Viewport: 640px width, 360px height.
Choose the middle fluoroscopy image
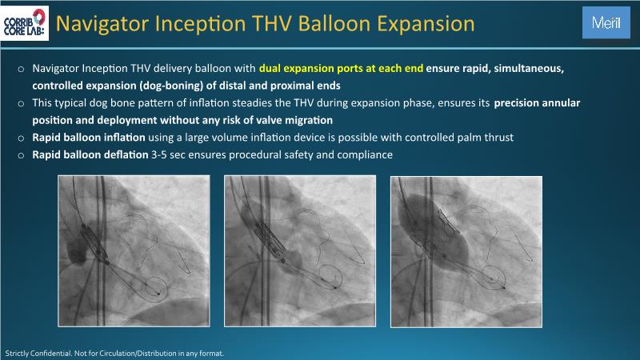point(300,250)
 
